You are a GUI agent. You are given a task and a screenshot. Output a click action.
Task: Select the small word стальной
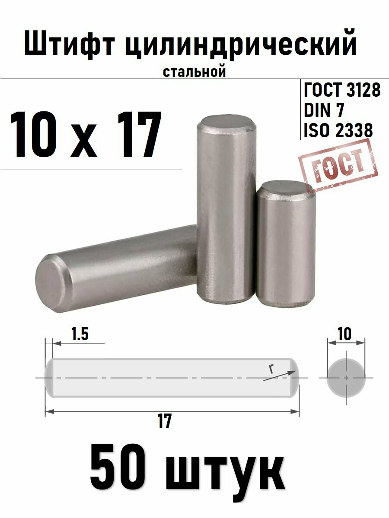coord(194,71)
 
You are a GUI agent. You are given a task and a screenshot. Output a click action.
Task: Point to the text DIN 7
coord(324,111)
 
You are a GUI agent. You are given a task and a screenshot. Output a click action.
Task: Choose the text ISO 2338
coord(338,130)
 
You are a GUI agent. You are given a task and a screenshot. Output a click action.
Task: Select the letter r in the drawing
coord(271,369)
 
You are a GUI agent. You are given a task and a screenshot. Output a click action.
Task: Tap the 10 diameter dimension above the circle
coord(345,334)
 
